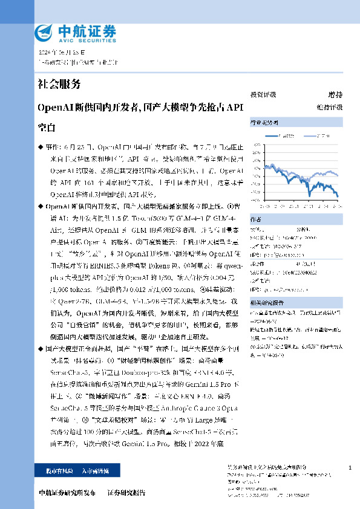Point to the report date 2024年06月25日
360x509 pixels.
pos(59,51)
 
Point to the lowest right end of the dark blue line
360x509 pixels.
pos(338,196)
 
